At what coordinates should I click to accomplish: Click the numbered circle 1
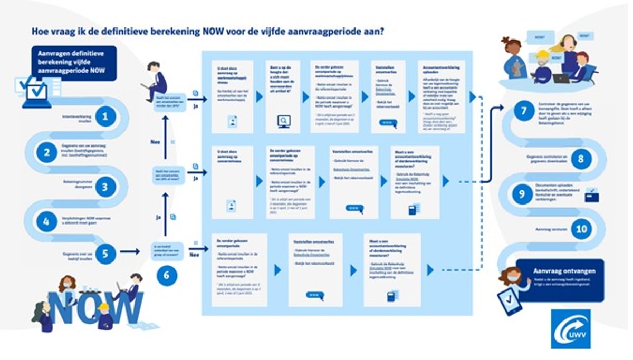click(105, 116)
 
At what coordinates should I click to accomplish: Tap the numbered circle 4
click(46, 222)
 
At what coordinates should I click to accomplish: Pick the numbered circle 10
click(581, 229)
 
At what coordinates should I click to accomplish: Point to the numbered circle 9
click(522, 194)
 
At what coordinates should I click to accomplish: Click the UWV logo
click(571, 328)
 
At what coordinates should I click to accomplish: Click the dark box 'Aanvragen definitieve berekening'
click(73, 63)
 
